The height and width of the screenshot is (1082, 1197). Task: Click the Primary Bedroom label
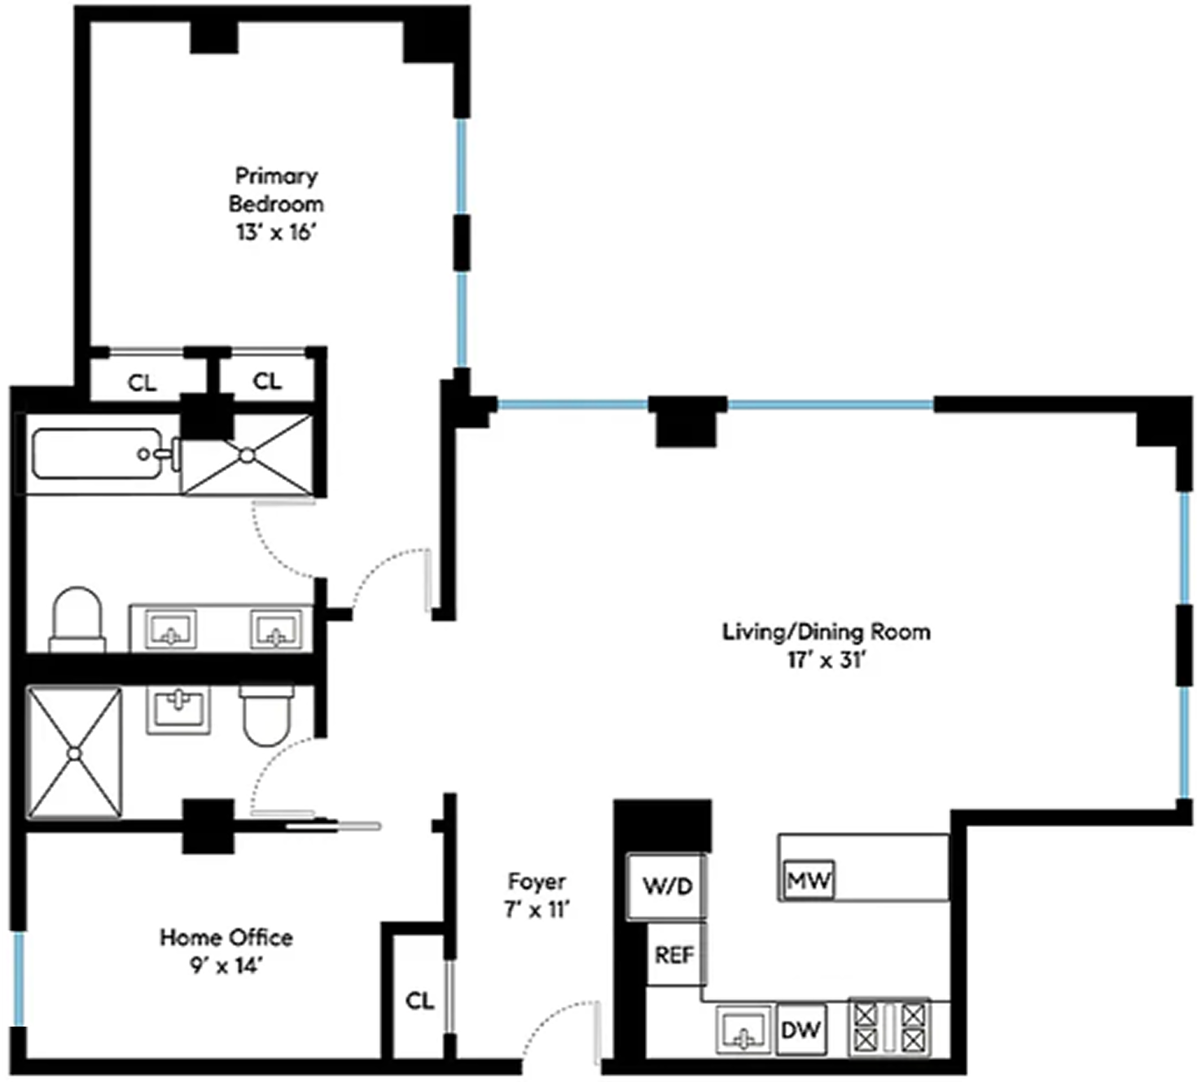point(276,189)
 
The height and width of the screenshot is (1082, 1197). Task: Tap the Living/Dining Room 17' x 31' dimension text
point(826,660)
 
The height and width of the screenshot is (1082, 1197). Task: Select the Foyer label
point(536,881)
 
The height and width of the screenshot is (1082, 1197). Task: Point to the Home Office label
point(226,937)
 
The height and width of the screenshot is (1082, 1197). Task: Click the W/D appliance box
point(667,886)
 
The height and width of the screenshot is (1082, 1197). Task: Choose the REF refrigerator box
point(675,954)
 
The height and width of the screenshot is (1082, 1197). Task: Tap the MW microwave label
point(808,880)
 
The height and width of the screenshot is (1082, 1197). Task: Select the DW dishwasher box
point(800,1030)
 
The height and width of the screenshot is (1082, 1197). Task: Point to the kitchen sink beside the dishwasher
point(743,1029)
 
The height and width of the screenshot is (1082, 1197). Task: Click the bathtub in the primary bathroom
point(98,454)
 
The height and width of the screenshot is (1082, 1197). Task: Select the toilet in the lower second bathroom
point(266,715)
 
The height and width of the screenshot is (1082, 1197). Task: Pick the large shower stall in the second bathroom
point(74,752)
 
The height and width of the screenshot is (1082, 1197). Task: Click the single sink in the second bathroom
point(178,709)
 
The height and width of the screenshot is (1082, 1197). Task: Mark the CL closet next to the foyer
point(419,1001)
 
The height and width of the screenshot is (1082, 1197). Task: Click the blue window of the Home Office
point(19,978)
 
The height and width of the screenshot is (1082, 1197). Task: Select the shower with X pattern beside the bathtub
point(247,455)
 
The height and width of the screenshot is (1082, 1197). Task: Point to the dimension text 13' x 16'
point(275,232)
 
